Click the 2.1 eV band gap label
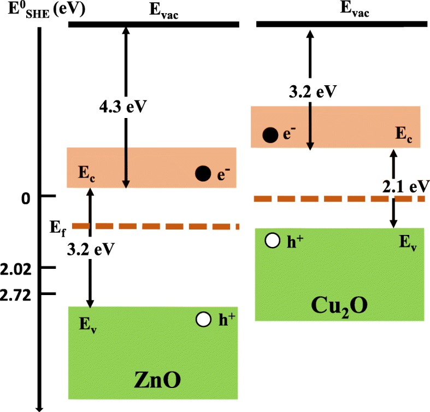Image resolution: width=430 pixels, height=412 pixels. pos(403,186)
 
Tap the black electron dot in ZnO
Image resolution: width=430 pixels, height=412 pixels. pos(203,174)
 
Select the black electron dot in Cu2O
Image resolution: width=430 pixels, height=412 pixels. pos(269,135)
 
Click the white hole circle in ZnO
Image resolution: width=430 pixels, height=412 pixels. pos(204,320)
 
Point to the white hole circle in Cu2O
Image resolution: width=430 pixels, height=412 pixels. pos(271,240)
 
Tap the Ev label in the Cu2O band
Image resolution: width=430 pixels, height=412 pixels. pos(407,244)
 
